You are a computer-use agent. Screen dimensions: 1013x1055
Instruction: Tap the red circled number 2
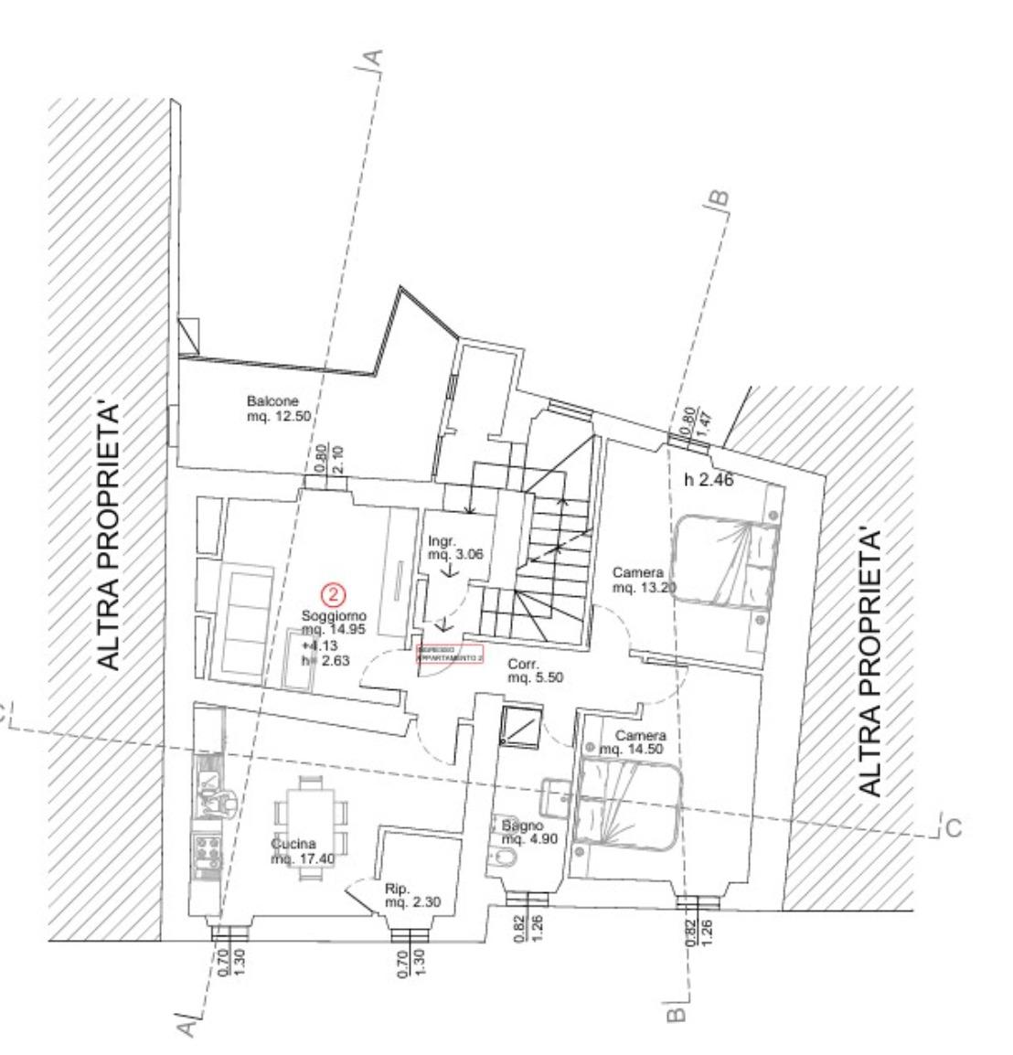click(335, 594)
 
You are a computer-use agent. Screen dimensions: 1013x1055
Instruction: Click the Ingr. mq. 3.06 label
click(448, 546)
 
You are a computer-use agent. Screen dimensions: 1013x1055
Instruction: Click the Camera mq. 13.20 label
click(644, 580)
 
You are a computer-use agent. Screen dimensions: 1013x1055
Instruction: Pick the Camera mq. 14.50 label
click(639, 741)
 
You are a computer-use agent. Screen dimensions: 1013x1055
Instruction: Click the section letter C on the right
click(954, 828)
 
